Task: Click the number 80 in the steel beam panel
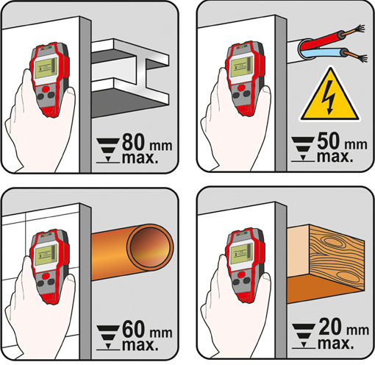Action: pyautogui.click(x=133, y=142)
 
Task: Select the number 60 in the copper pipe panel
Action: pyautogui.click(x=133, y=330)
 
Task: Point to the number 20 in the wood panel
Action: pyautogui.click(x=329, y=327)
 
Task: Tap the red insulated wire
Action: pyautogui.click(x=321, y=39)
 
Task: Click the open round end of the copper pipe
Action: pyautogui.click(x=149, y=248)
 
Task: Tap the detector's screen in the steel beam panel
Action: pyautogui.click(x=46, y=68)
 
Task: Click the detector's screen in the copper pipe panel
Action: pyautogui.click(x=46, y=255)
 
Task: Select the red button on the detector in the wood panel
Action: pyautogui.click(x=240, y=274)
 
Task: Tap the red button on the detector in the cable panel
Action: pyautogui.click(x=240, y=88)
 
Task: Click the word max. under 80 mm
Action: pyautogui.click(x=140, y=158)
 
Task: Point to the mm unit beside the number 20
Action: pyautogui.click(x=357, y=330)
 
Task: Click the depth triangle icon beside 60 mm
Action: pyautogui.click(x=108, y=337)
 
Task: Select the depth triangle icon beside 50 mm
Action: pyautogui.click(x=303, y=149)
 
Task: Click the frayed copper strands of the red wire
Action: pyautogui.click(x=358, y=29)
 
